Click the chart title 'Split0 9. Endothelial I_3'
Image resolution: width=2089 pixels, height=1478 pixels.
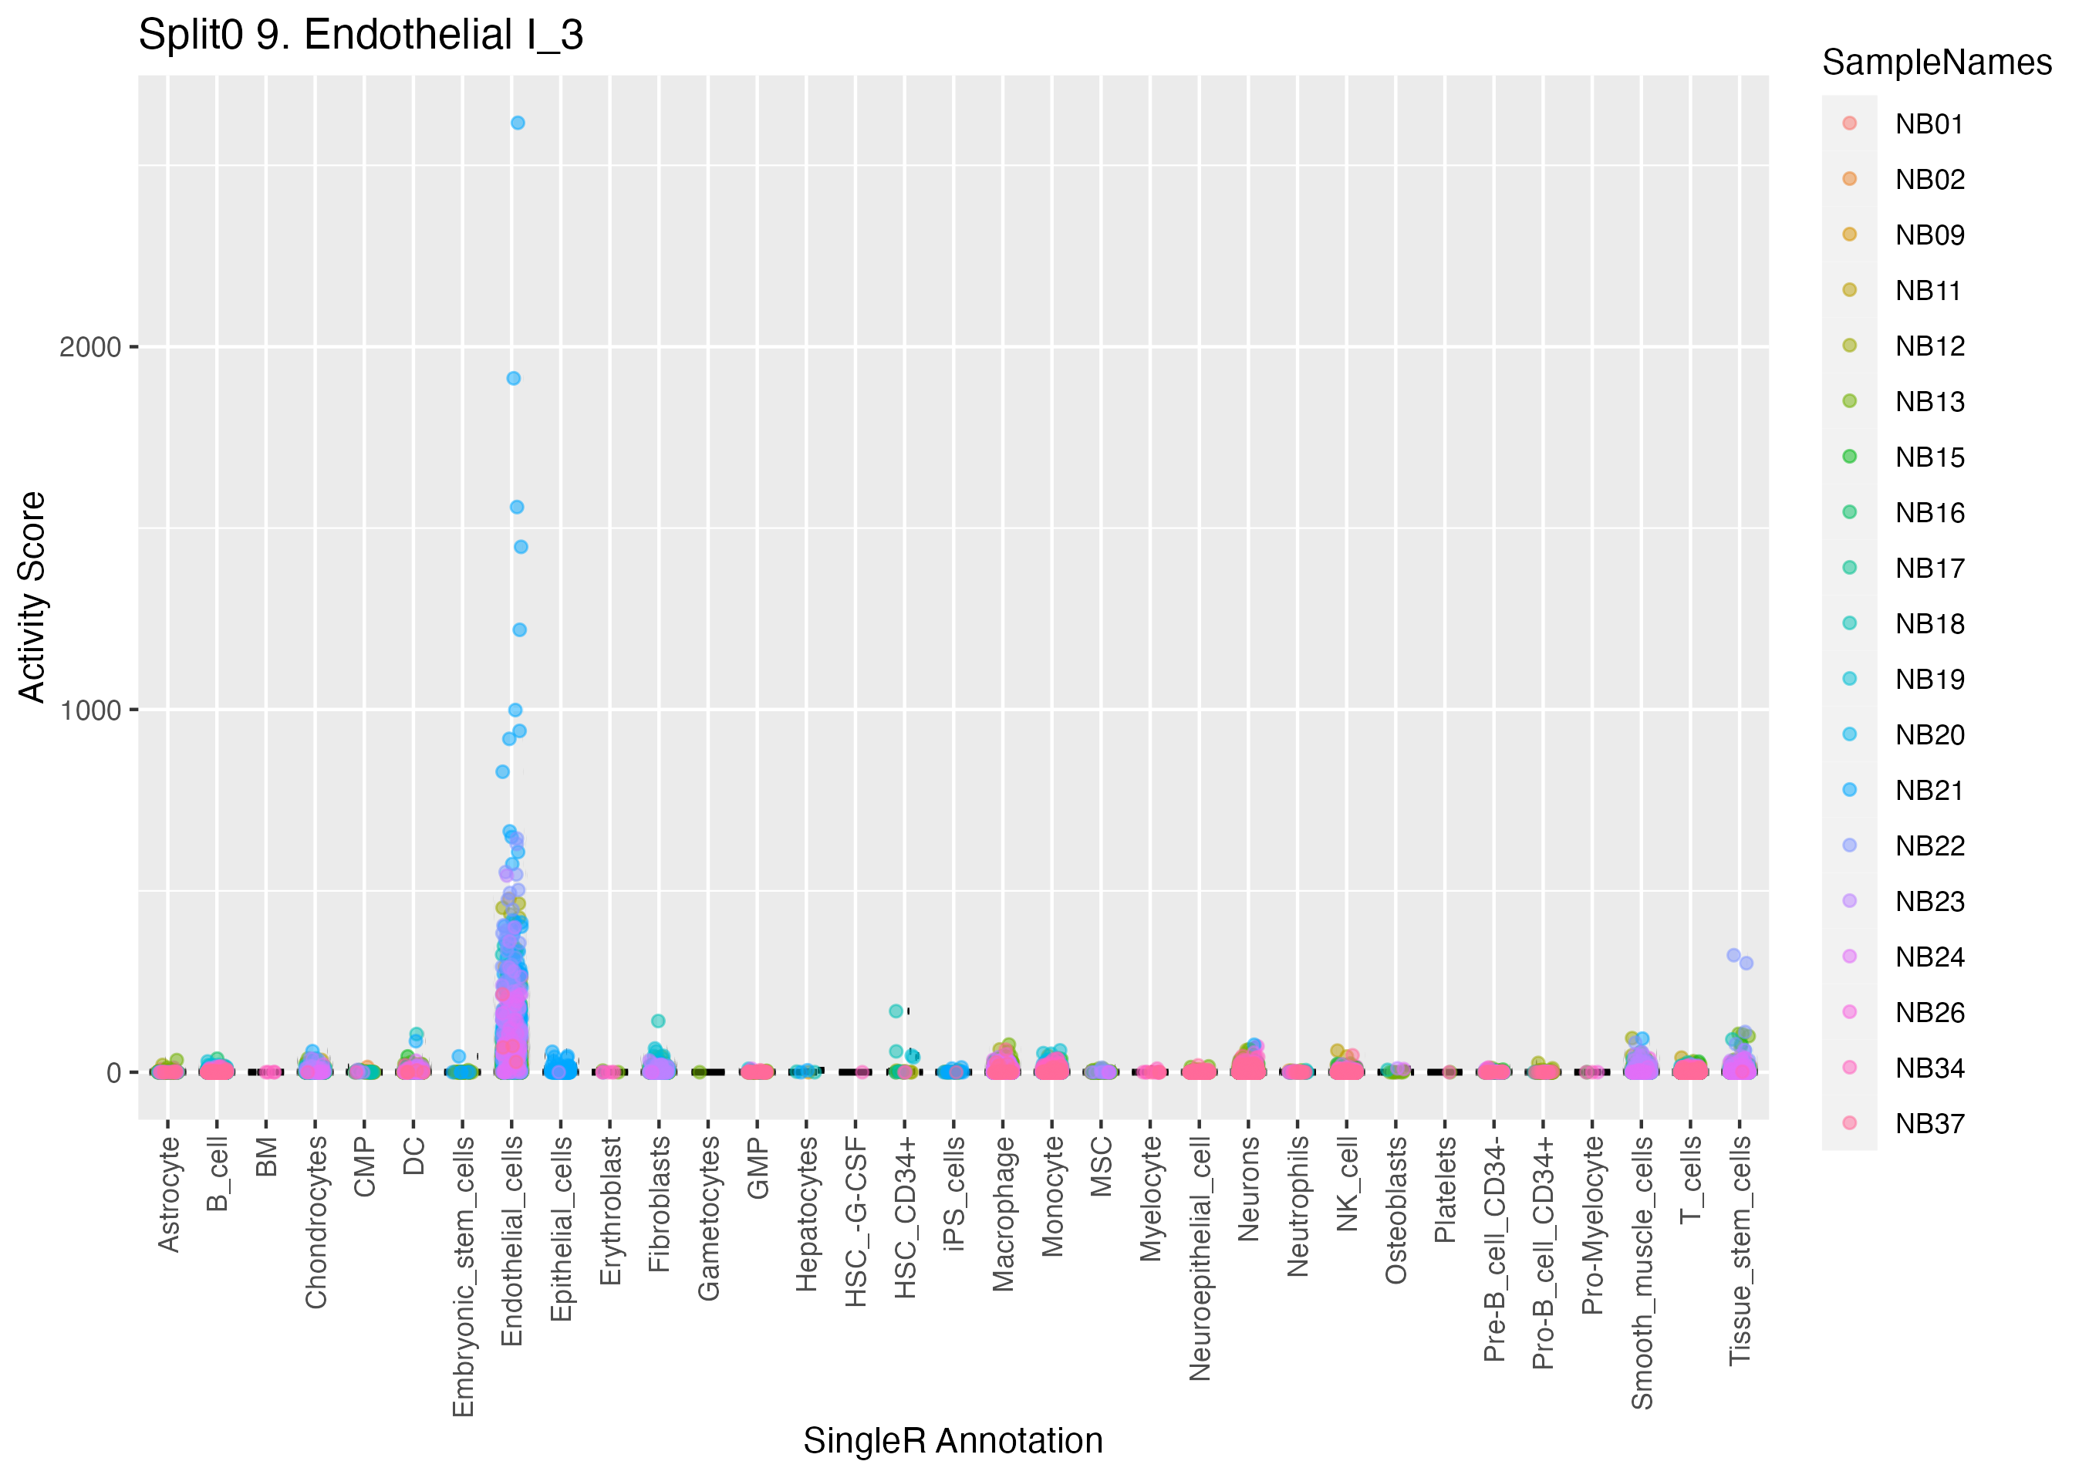coord(360,36)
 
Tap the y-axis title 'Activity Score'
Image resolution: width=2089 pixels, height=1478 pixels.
coord(32,597)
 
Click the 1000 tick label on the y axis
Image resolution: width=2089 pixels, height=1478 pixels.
coord(90,710)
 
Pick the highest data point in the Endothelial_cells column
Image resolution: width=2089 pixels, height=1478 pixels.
coord(517,123)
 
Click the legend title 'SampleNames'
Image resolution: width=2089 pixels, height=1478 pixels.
coord(1936,62)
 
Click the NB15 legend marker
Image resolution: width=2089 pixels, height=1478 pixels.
coord(1849,457)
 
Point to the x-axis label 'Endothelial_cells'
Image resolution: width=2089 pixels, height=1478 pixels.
coord(512,1240)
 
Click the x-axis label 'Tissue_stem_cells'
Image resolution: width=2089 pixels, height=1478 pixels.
coord(1740,1250)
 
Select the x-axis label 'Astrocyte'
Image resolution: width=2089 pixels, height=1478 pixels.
coord(168,1194)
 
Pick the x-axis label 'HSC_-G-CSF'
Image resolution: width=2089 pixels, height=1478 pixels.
coord(856,1221)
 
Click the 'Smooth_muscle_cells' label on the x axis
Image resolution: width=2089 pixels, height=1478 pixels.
coord(1642,1272)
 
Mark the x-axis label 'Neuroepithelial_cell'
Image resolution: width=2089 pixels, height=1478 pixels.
coord(1200,1257)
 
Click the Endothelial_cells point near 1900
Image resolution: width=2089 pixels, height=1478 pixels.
coord(513,379)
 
